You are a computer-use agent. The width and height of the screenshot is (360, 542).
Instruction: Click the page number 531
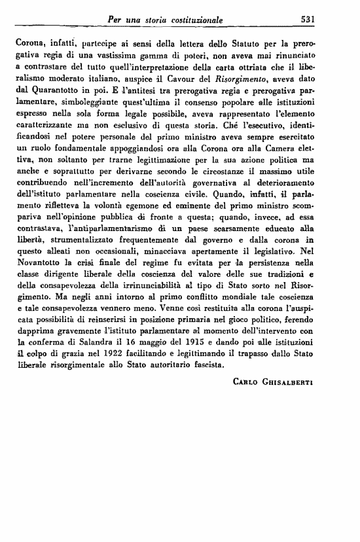(307, 20)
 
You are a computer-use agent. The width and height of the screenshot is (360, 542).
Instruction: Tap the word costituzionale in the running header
(193, 20)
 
